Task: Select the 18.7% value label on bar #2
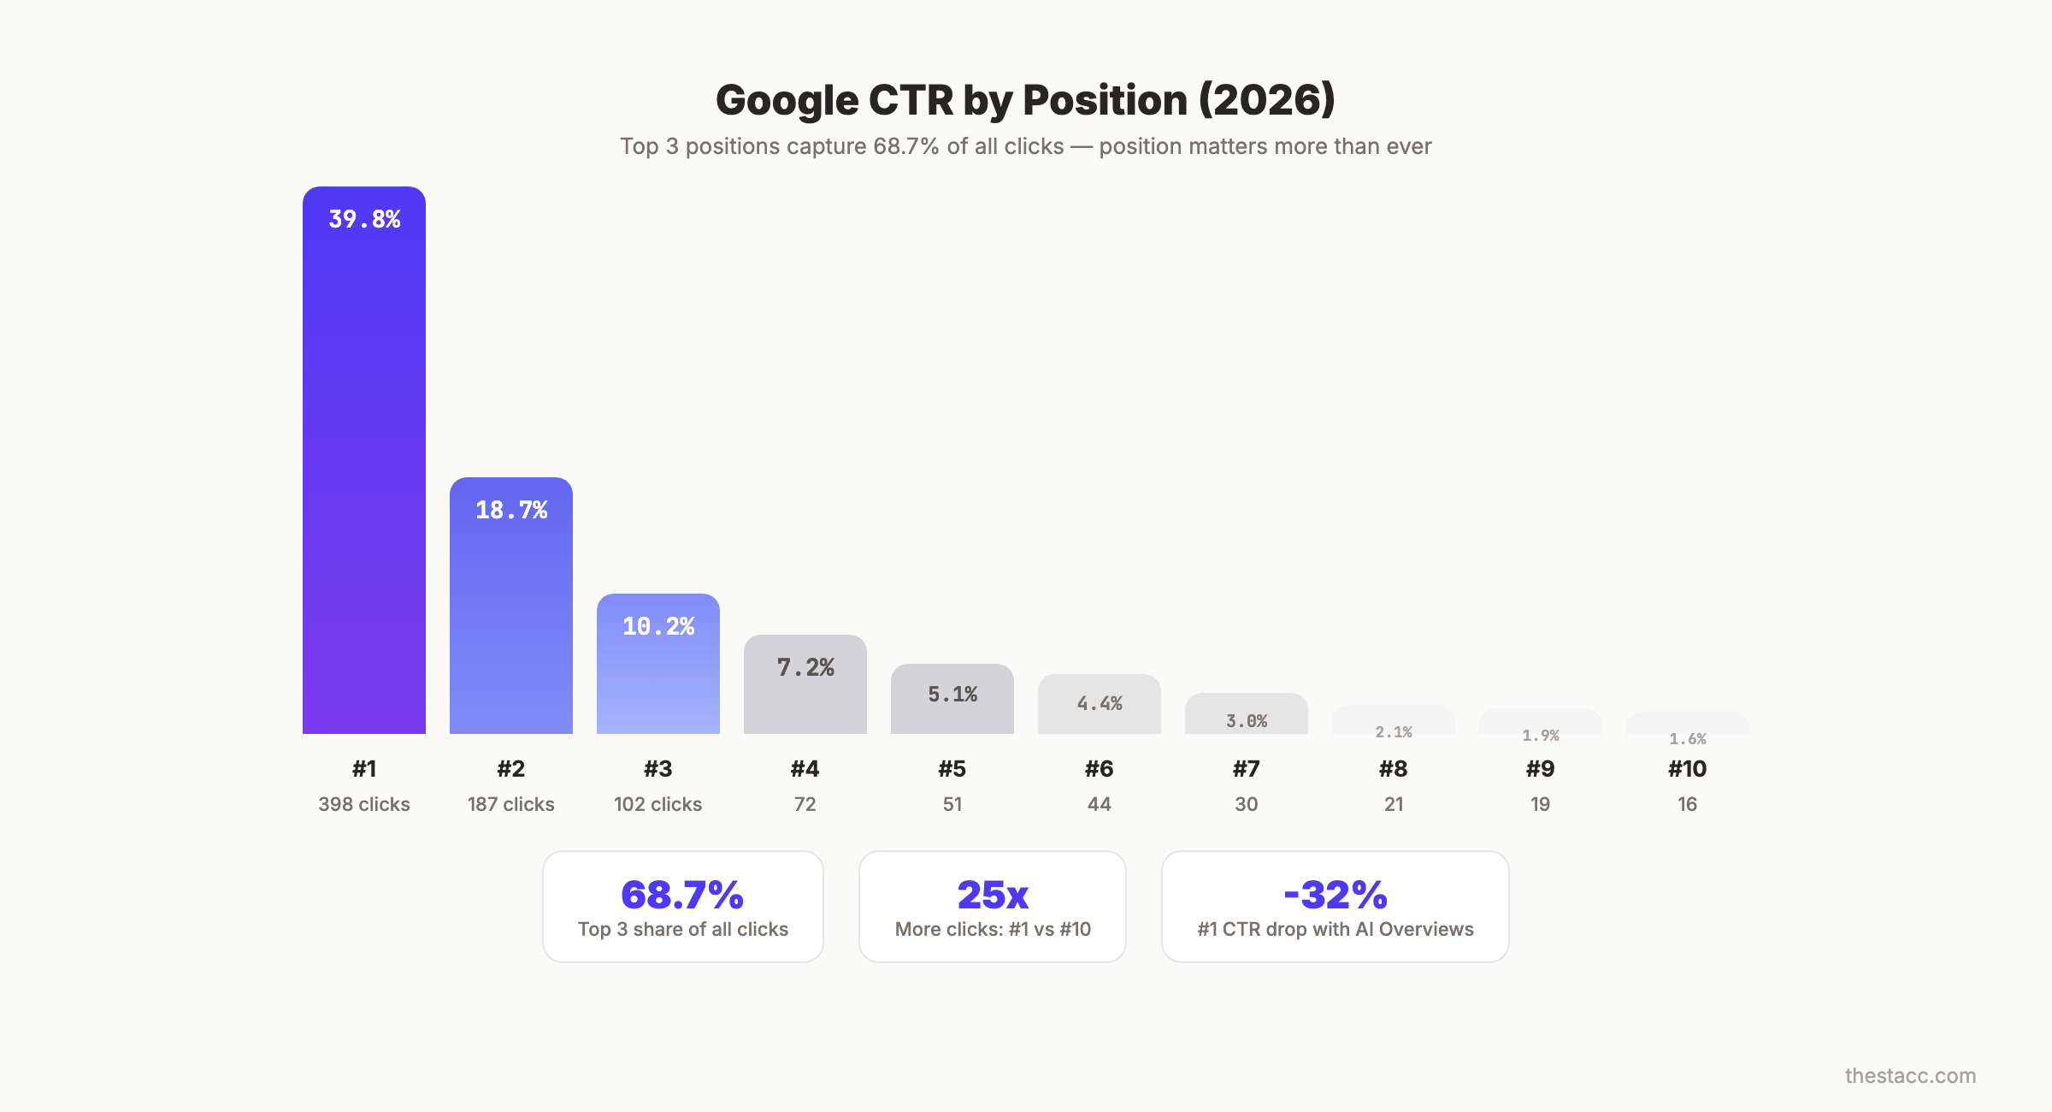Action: [511, 510]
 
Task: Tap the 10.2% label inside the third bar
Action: [658, 626]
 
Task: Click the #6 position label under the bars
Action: [1099, 768]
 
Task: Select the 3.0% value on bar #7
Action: [1247, 720]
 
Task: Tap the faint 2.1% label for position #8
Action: [1394, 731]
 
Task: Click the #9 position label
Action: [1540, 768]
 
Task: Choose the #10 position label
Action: [1687, 768]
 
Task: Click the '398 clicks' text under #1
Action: [364, 804]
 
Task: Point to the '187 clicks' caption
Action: [511, 804]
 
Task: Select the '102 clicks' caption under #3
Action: [658, 804]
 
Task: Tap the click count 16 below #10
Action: [1687, 804]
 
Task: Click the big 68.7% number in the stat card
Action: [682, 895]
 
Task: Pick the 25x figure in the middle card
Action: [993, 895]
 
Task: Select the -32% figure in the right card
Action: [1336, 895]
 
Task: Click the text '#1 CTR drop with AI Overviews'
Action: [1336, 929]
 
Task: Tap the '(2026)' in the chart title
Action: [1266, 100]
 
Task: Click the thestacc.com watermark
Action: [1910, 1075]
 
